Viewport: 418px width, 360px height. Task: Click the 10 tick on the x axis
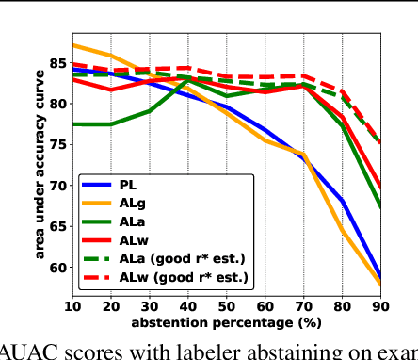[72, 305]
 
